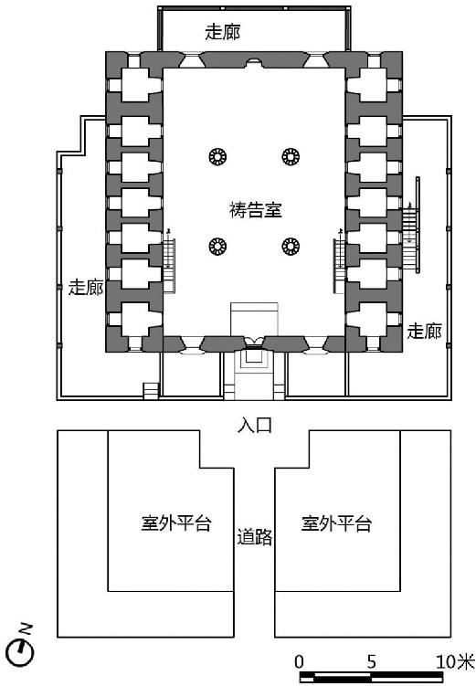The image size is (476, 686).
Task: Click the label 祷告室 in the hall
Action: (x=256, y=210)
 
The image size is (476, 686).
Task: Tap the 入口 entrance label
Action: (x=255, y=425)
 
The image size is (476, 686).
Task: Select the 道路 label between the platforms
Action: (x=255, y=537)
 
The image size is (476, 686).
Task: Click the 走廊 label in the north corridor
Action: (x=223, y=32)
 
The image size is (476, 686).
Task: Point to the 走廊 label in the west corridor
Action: (x=86, y=288)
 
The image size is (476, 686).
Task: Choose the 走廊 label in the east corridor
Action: (x=424, y=331)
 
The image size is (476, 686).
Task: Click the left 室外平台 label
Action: (x=176, y=523)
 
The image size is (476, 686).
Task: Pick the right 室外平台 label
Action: (x=336, y=523)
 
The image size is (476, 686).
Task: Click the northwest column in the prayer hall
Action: (x=217, y=156)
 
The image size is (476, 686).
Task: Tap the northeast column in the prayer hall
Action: (x=291, y=156)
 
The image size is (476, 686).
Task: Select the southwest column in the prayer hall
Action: (x=217, y=247)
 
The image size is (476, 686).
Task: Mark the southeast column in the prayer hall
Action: (x=291, y=247)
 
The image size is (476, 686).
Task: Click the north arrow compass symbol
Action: (x=21, y=652)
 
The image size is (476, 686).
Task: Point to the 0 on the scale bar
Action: (x=299, y=662)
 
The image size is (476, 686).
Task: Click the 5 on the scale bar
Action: (x=371, y=662)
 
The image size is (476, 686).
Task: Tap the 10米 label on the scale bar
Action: (x=455, y=662)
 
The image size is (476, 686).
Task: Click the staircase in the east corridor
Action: (x=411, y=226)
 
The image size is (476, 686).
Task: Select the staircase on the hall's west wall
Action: (x=169, y=266)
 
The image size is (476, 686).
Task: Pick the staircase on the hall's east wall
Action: (x=340, y=266)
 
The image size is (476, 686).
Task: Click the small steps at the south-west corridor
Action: (x=151, y=391)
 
